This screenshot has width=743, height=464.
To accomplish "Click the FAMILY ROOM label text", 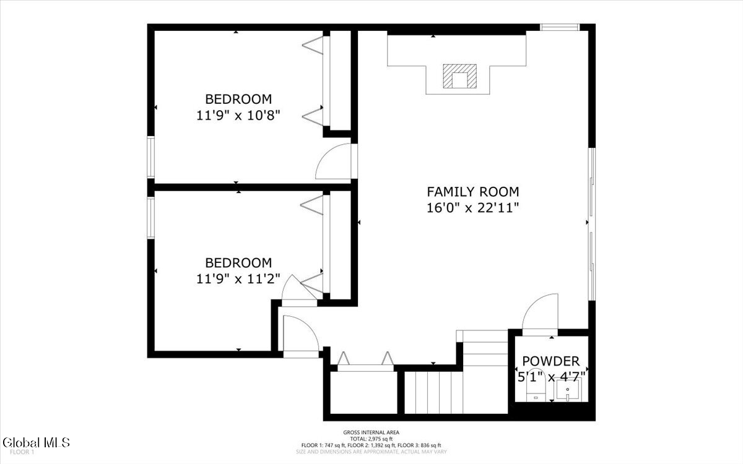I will point(472,192).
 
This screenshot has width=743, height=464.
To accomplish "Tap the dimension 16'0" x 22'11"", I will point(472,208).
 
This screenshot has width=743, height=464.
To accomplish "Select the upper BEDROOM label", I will point(238,99).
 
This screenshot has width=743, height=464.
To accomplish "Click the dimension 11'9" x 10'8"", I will point(238,115).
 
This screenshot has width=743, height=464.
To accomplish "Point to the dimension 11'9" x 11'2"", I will point(238,279).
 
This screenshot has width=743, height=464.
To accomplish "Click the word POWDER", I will point(550,361).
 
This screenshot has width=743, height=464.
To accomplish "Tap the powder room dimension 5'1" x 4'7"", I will point(550,376).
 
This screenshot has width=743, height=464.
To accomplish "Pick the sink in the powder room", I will point(567,390).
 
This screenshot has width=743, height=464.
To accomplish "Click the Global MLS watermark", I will point(36,442).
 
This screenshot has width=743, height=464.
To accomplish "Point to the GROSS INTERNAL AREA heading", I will point(371,432).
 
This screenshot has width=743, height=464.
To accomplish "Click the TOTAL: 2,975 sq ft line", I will point(371,439).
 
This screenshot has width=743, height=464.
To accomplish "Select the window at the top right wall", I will point(560,27).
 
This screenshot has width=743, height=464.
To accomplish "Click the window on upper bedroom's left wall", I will point(150,159).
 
